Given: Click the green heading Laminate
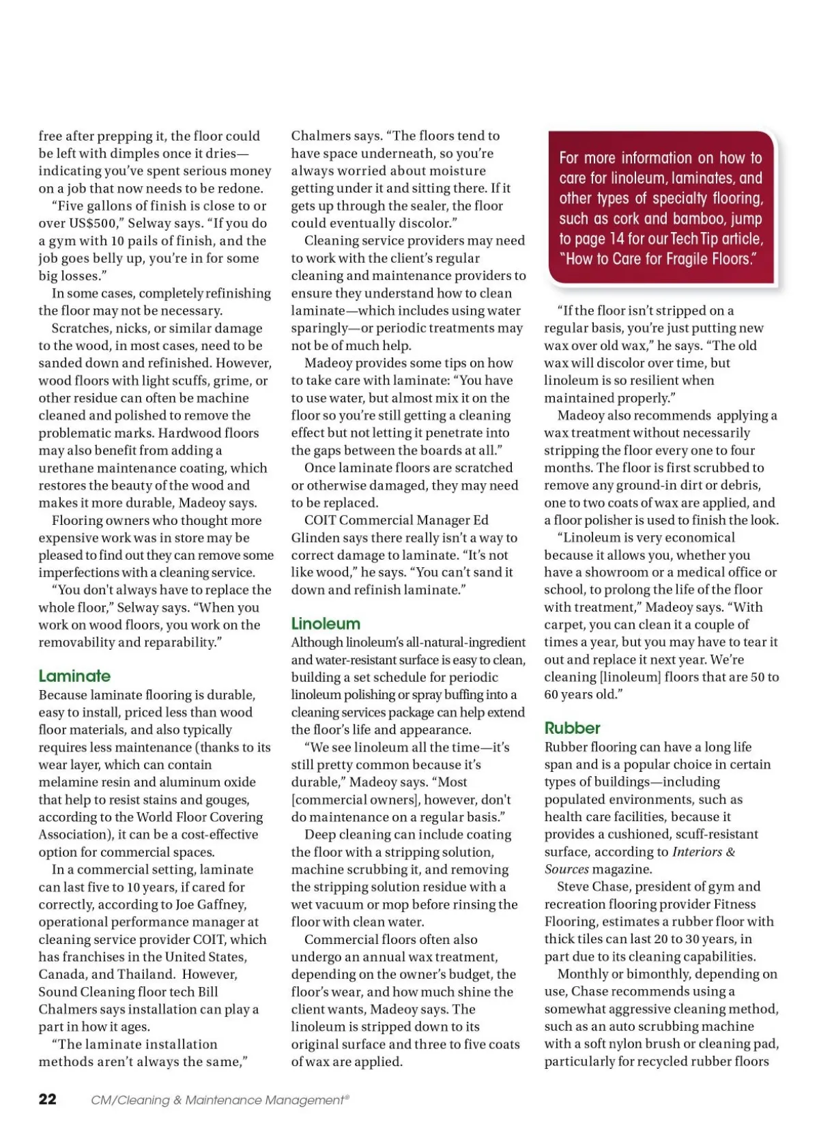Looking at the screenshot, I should click(74, 676).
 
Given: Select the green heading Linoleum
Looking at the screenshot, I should click(326, 623).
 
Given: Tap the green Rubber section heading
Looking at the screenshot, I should click(572, 728).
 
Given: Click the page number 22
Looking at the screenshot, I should click(48, 1099).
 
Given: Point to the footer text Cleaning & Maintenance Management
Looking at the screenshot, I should click(219, 1100).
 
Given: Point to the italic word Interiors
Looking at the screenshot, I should click(696, 852).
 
